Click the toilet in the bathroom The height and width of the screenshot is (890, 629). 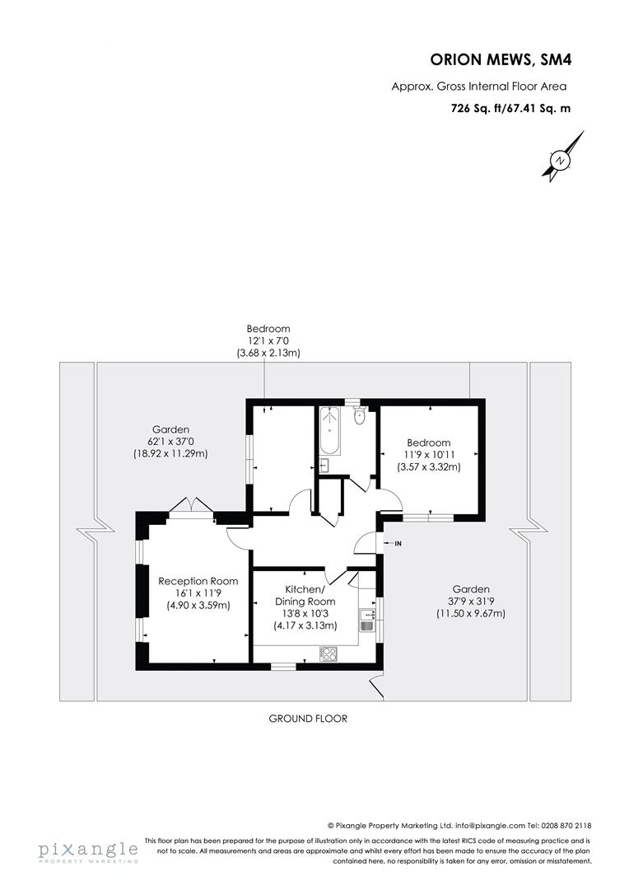tap(358, 415)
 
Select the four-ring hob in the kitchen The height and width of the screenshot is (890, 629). tap(328, 653)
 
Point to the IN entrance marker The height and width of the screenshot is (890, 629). tap(398, 543)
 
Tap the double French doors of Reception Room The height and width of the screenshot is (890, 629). tap(190, 507)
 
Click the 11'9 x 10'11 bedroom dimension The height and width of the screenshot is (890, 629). tap(428, 455)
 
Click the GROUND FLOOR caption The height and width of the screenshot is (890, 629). tap(308, 719)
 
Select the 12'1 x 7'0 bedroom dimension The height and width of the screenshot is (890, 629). tap(263, 341)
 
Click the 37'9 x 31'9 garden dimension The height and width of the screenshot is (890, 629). tap(470, 602)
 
